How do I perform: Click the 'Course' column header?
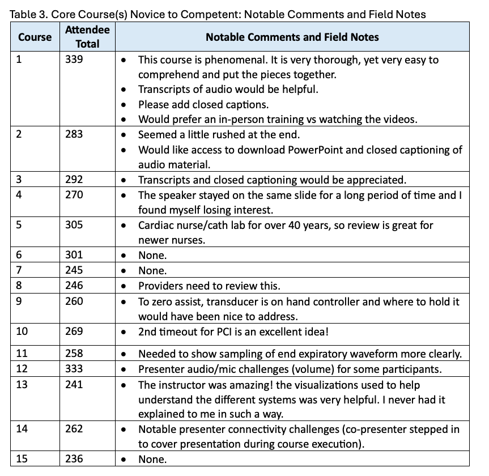(x=35, y=37)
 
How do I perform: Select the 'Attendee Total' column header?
(x=87, y=36)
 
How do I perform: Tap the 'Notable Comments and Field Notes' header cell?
(x=292, y=37)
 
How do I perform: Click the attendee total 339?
(x=74, y=59)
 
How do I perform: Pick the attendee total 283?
(x=74, y=134)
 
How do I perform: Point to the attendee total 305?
(x=74, y=225)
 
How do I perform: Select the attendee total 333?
(x=74, y=369)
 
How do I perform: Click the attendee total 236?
(x=74, y=460)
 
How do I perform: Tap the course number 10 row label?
(x=22, y=331)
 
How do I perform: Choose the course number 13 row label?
(x=22, y=385)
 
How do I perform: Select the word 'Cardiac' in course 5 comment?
(x=157, y=225)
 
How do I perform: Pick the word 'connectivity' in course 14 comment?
(x=256, y=430)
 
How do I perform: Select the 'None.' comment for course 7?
(x=152, y=271)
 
